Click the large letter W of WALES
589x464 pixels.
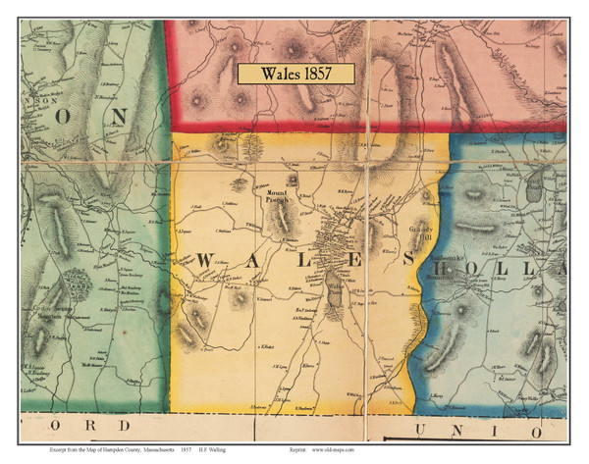point(204,260)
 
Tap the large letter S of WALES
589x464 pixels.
point(405,260)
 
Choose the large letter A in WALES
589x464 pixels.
point(253,260)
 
